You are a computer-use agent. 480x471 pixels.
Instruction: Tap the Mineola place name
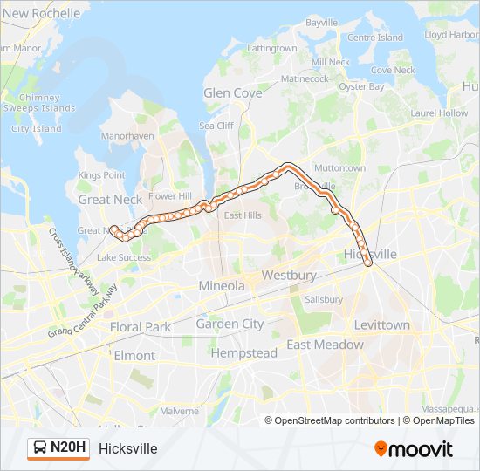222,285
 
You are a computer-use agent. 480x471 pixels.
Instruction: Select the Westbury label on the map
288,276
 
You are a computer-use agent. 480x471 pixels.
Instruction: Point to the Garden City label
230,324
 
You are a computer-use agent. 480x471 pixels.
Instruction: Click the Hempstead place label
243,353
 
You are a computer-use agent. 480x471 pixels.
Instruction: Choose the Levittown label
381,324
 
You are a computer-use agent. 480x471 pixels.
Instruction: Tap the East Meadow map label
325,345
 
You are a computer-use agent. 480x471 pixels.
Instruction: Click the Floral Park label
141,327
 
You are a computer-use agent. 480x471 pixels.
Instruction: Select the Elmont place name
134,356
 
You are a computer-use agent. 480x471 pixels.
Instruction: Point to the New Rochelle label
42,13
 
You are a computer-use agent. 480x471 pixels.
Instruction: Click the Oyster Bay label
361,87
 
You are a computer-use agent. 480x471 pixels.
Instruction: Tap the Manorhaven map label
127,136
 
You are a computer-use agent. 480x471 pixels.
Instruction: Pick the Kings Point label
101,175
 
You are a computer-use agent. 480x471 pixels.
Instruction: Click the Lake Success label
123,257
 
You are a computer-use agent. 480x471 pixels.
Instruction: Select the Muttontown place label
339,167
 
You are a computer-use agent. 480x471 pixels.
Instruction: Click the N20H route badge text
69,448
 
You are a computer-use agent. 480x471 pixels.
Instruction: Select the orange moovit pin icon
381,449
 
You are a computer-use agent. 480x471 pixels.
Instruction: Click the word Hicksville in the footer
128,448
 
